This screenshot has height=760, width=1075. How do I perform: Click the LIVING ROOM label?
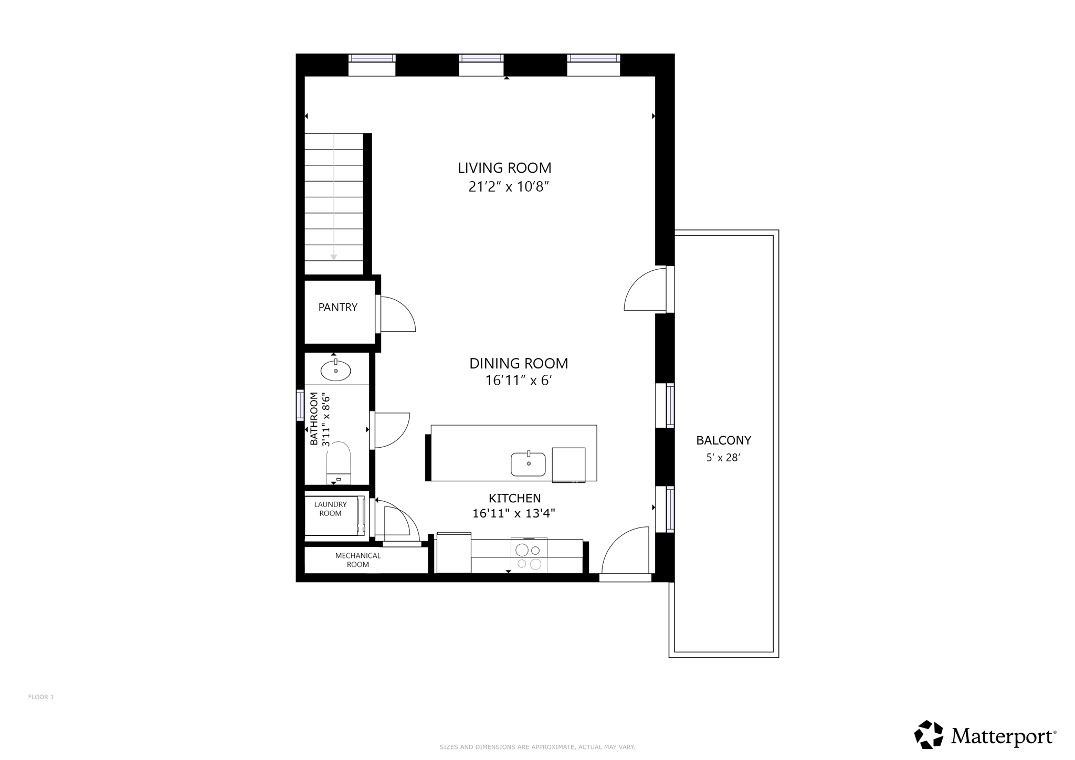pyautogui.click(x=504, y=168)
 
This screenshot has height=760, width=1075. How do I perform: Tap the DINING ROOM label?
pyautogui.click(x=519, y=363)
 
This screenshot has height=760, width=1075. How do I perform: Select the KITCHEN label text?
pyautogui.click(x=514, y=498)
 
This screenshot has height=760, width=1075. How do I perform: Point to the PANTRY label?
pyautogui.click(x=338, y=307)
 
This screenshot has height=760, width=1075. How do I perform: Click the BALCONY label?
pyautogui.click(x=724, y=440)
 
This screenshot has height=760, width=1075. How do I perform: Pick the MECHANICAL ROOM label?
pyautogui.click(x=358, y=560)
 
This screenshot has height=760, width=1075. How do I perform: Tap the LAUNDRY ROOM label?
pyautogui.click(x=331, y=509)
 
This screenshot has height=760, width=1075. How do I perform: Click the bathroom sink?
pyautogui.click(x=336, y=370)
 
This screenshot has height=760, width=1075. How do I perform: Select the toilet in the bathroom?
pyautogui.click(x=339, y=462)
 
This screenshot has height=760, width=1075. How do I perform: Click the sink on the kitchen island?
pyautogui.click(x=528, y=464)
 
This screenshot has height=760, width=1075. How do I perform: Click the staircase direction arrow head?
pyautogui.click(x=334, y=257)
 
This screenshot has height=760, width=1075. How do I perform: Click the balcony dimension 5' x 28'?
pyautogui.click(x=723, y=458)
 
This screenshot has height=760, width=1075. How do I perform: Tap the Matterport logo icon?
pyautogui.click(x=929, y=734)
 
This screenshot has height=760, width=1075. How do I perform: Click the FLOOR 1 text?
pyautogui.click(x=41, y=697)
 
